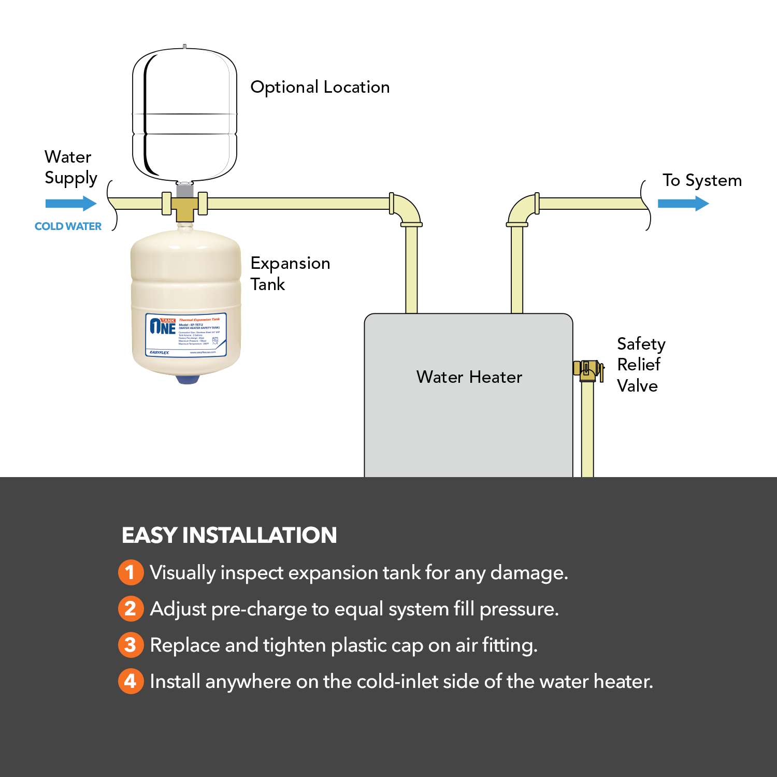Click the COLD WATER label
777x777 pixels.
coord(68,226)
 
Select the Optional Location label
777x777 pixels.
coord(320,87)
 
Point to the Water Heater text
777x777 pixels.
coord(469,377)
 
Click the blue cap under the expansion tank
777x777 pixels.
coord(188,379)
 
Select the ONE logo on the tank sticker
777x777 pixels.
coord(163,326)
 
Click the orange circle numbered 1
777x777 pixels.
coord(131,572)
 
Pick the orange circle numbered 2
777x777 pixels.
coord(131,609)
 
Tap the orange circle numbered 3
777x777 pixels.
coord(131,645)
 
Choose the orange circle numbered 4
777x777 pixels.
coord(131,681)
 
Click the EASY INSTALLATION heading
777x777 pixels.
coord(229,535)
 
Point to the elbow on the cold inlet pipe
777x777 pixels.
coord(408,210)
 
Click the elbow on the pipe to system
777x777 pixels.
coord(521,210)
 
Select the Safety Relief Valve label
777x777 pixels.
coord(640,365)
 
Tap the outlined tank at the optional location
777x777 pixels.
coord(184,114)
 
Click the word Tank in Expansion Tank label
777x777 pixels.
coord(268,284)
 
